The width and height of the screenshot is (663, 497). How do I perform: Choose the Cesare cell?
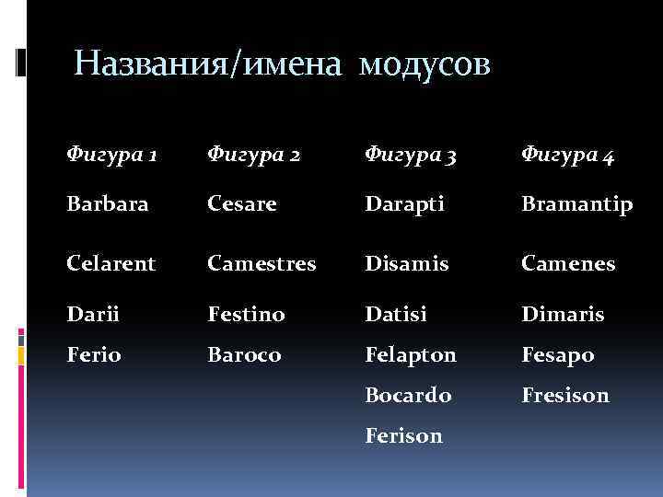tap(242, 204)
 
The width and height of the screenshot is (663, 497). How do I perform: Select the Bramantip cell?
tap(576, 204)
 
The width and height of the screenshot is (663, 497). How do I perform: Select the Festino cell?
tap(246, 315)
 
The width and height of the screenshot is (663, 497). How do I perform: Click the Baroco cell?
tap(244, 354)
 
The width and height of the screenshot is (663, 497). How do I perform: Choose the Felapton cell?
tap(411, 354)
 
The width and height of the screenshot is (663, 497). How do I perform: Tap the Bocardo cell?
tap(408, 395)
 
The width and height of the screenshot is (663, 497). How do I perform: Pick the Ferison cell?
tap(403, 435)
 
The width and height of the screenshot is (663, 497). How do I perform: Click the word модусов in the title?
tap(426, 64)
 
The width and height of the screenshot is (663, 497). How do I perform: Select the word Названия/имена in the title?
tap(212, 64)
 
